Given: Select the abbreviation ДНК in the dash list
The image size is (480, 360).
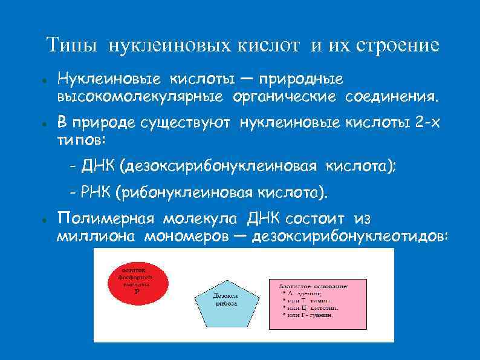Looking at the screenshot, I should point(99,166).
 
